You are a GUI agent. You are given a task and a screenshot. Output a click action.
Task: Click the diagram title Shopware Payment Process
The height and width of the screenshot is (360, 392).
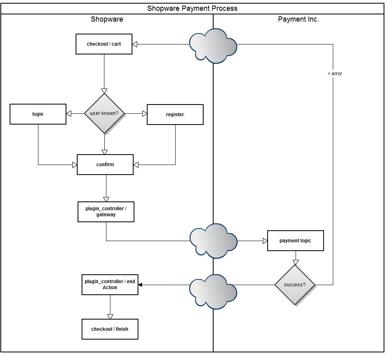tap(192, 8)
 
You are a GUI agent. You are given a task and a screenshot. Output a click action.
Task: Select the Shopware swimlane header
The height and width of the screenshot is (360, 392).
tap(107, 19)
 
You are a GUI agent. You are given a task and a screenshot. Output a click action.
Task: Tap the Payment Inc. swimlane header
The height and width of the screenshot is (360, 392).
tap(298, 19)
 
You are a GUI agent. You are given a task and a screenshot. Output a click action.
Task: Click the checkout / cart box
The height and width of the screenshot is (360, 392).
tap(104, 44)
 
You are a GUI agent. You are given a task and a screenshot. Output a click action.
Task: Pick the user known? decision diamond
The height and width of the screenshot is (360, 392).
tap(104, 113)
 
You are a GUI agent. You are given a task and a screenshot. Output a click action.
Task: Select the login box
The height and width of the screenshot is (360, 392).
tap(38, 114)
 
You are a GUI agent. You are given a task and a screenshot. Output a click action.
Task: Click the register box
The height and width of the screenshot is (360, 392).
tap(175, 115)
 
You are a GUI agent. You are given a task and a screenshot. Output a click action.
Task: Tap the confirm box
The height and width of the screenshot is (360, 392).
tap(105, 165)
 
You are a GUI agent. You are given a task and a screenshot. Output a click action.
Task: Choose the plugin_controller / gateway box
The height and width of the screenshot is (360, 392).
tap(106, 212)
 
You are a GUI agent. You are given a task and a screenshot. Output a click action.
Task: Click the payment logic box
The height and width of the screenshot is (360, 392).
tap(296, 241)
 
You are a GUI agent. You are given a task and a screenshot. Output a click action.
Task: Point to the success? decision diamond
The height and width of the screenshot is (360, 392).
tap(295, 285)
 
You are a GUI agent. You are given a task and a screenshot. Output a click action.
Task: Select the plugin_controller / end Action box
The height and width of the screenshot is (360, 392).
tap(110, 285)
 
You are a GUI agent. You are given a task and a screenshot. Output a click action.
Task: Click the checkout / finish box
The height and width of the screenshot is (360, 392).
tap(110, 329)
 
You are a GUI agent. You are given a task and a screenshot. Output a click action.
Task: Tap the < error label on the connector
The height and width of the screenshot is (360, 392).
tap(335, 74)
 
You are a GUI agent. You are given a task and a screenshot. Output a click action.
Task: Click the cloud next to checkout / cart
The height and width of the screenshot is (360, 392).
tap(213, 46)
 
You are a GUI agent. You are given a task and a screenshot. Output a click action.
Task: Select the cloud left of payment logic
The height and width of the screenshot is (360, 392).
tap(213, 241)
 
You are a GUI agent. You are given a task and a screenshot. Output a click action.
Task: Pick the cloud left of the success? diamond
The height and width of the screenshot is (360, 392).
tap(213, 292)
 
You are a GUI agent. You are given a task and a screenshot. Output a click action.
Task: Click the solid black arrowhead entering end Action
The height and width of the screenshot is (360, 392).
tap(140, 285)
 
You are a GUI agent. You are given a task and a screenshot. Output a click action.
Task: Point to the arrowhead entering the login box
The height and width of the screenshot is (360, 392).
tap(68, 114)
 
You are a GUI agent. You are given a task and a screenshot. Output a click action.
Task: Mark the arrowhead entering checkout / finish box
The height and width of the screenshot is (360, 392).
tap(110, 317)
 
